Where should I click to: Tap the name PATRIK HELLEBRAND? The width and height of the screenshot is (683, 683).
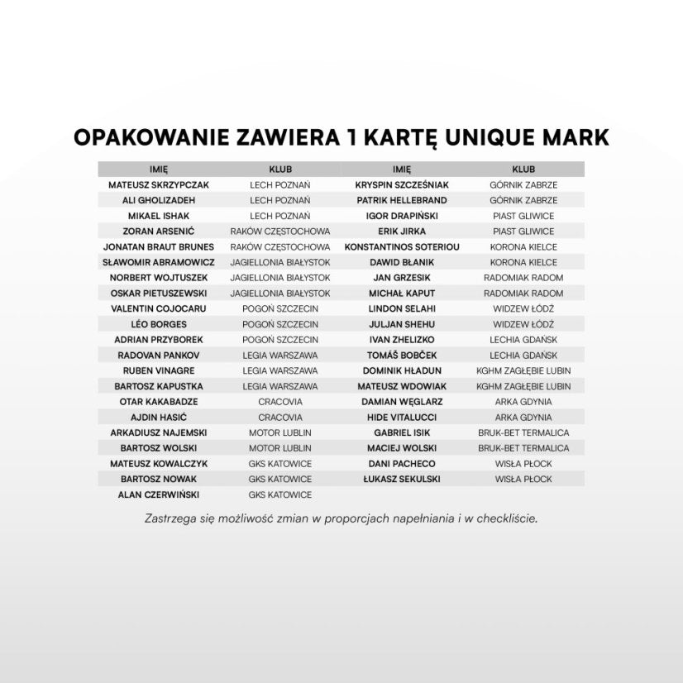pyautogui.click(x=402, y=200)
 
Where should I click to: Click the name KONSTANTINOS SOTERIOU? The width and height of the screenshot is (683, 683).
pyautogui.click(x=402, y=247)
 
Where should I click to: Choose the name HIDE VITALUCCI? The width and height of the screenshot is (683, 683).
pyautogui.click(x=402, y=418)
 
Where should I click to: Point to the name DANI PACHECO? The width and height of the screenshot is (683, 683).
pyautogui.click(x=402, y=464)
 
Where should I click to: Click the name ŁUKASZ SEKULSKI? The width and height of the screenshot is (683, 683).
pyautogui.click(x=402, y=479)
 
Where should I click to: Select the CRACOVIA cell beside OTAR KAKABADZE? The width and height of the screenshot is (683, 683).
pyautogui.click(x=280, y=402)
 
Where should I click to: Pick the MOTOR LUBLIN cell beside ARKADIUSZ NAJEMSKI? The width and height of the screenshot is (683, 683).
pyautogui.click(x=280, y=432)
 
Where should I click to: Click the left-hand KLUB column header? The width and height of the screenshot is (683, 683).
pyautogui.click(x=280, y=169)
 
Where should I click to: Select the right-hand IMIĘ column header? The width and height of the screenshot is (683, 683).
pyautogui.click(x=402, y=169)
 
